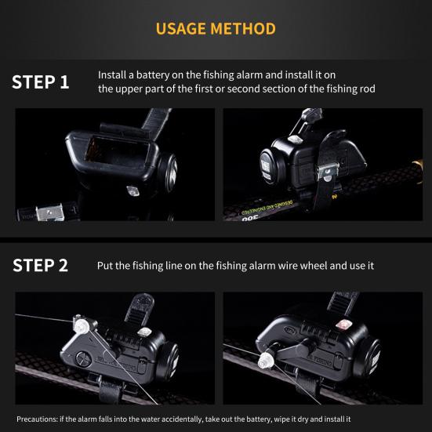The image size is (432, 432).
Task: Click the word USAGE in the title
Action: (181, 29)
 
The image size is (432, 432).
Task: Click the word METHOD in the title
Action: (243, 29)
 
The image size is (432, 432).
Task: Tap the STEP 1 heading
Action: (41, 82)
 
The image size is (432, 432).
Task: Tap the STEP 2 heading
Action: (40, 265)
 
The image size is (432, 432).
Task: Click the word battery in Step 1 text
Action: (153, 75)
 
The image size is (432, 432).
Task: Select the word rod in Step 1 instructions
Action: (367, 89)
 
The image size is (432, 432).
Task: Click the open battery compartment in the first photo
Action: (117, 151)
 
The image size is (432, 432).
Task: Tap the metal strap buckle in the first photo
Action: (50, 212)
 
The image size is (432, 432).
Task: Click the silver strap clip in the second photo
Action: (327, 172)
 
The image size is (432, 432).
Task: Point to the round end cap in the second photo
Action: (270, 166)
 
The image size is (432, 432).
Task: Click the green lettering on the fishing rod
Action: (267, 209)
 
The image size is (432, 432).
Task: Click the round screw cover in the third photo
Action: (83, 359)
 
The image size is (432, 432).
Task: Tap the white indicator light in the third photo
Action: (144, 332)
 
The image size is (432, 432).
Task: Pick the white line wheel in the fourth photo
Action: (267, 361)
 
